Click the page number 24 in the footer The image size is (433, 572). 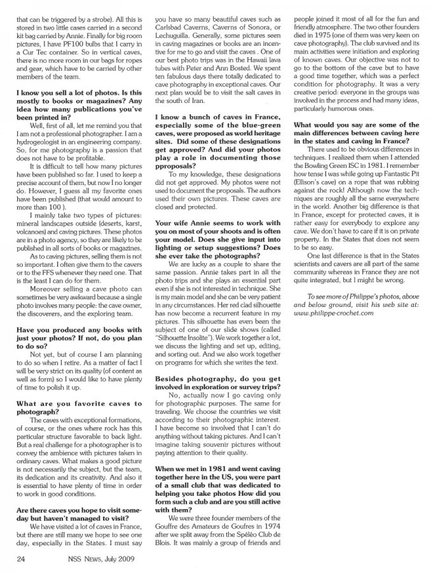tap(20, 559)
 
